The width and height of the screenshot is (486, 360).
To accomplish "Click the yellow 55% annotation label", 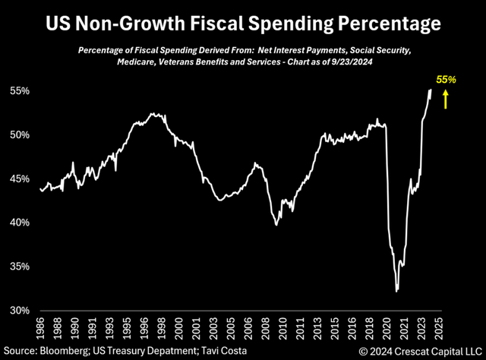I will click(446, 79).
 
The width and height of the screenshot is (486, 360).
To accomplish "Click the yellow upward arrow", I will click(446, 99).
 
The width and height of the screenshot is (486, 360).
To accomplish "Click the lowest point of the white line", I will click(396, 290).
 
